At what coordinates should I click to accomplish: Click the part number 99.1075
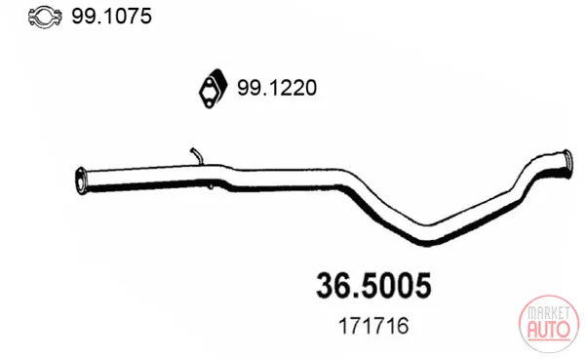click(111, 17)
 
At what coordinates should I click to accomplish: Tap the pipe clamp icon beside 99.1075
click(45, 18)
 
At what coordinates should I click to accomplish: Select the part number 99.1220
click(277, 88)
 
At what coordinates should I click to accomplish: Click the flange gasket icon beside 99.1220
click(213, 89)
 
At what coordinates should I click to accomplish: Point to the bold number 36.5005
click(373, 286)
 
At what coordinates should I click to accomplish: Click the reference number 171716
click(373, 326)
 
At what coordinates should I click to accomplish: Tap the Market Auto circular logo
click(548, 324)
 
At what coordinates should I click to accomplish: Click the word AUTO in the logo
click(548, 329)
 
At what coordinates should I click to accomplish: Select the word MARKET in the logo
click(548, 313)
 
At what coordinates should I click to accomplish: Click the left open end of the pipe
click(80, 180)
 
